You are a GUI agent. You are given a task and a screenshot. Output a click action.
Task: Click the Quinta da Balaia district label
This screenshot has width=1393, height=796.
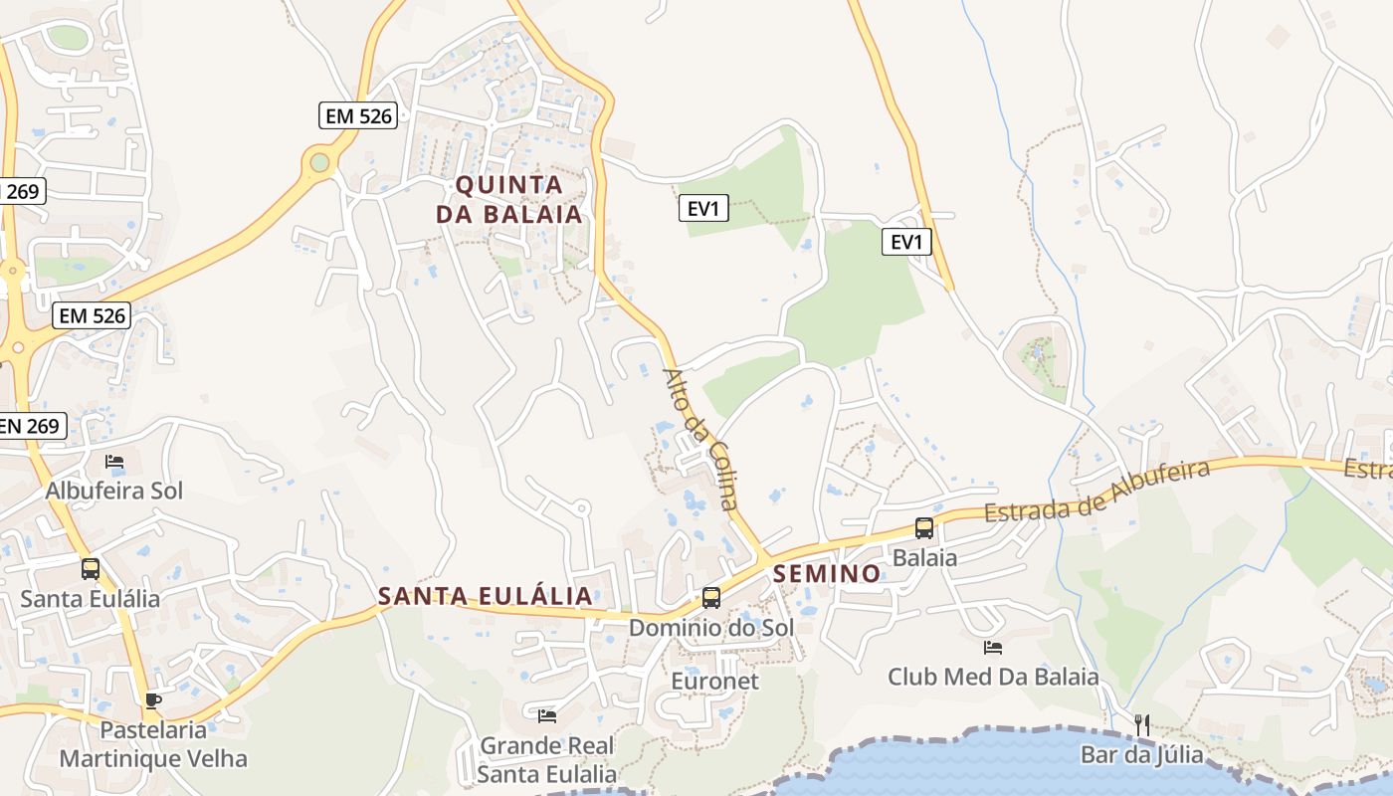pyautogui.click(x=508, y=199)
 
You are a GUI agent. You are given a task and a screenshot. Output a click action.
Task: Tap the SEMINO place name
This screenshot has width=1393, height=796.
pyautogui.click(x=827, y=573)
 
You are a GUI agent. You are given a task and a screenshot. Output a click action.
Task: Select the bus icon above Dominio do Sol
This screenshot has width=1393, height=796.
pyautogui.click(x=711, y=597)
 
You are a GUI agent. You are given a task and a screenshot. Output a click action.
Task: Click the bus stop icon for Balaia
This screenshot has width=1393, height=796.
pyautogui.click(x=924, y=527)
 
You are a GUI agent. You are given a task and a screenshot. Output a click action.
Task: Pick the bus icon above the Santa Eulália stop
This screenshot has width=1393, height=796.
pyautogui.click(x=91, y=568)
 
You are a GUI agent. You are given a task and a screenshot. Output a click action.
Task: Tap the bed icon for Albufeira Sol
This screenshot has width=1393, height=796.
pyautogui.click(x=114, y=462)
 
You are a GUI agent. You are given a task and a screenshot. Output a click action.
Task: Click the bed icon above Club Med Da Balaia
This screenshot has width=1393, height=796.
pyautogui.click(x=993, y=648)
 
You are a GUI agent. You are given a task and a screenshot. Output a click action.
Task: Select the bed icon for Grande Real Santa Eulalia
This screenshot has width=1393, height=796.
pyautogui.click(x=547, y=715)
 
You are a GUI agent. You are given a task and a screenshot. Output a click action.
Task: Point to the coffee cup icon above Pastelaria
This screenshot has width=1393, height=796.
pyautogui.click(x=152, y=700)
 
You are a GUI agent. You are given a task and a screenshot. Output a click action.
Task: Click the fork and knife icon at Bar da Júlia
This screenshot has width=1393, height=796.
pyautogui.click(x=1142, y=725)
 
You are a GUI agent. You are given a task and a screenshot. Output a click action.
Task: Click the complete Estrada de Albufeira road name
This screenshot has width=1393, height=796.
pyautogui.click(x=1096, y=491)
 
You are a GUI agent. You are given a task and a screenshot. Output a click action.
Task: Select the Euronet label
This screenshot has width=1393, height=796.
pyautogui.click(x=714, y=682)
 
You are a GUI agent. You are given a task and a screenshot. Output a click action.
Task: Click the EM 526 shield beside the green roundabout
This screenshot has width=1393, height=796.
pyautogui.click(x=359, y=115)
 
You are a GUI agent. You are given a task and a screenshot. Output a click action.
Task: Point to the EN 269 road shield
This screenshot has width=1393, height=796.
pyautogui.click(x=31, y=426)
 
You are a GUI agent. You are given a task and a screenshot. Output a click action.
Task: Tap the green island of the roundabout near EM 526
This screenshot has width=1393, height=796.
pyautogui.click(x=319, y=161)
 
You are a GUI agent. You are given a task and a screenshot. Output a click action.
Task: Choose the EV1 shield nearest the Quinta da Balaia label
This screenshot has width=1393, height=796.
pyautogui.click(x=703, y=208)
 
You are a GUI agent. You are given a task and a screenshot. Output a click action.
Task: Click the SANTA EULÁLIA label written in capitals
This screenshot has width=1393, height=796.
pyautogui.click(x=486, y=596)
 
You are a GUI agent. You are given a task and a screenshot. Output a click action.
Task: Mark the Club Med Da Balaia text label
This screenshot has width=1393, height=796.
pyautogui.click(x=993, y=678)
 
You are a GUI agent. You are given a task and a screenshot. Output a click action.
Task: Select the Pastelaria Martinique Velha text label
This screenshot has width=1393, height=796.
pyautogui.click(x=153, y=744)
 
